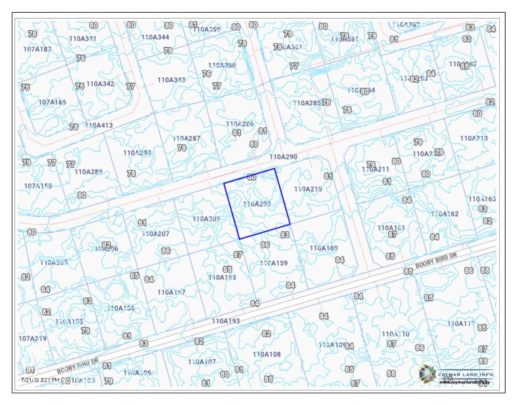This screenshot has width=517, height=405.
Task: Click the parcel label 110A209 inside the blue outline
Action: (x=257, y=204)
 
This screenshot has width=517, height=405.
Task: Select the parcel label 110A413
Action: (x=99, y=125)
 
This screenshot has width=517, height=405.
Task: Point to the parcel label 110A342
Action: (x=100, y=84)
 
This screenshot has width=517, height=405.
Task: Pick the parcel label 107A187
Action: (x=37, y=49)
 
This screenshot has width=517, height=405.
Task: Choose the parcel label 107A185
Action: (x=52, y=102)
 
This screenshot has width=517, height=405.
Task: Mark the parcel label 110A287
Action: (x=187, y=138)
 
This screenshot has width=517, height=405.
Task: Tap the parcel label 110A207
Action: (x=155, y=234)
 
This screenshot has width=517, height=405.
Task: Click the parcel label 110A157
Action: (x=171, y=292)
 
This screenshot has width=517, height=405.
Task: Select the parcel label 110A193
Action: (x=226, y=321)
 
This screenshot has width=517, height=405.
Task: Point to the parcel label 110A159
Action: (x=273, y=263)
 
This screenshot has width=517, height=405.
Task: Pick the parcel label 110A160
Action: (x=323, y=248)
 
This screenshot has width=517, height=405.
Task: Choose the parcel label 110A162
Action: (x=444, y=214)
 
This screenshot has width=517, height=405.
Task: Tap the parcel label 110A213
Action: (x=473, y=138)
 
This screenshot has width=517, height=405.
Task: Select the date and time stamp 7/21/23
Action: (x=40, y=381)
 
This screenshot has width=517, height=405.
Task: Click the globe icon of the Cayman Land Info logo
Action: (x=427, y=373)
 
